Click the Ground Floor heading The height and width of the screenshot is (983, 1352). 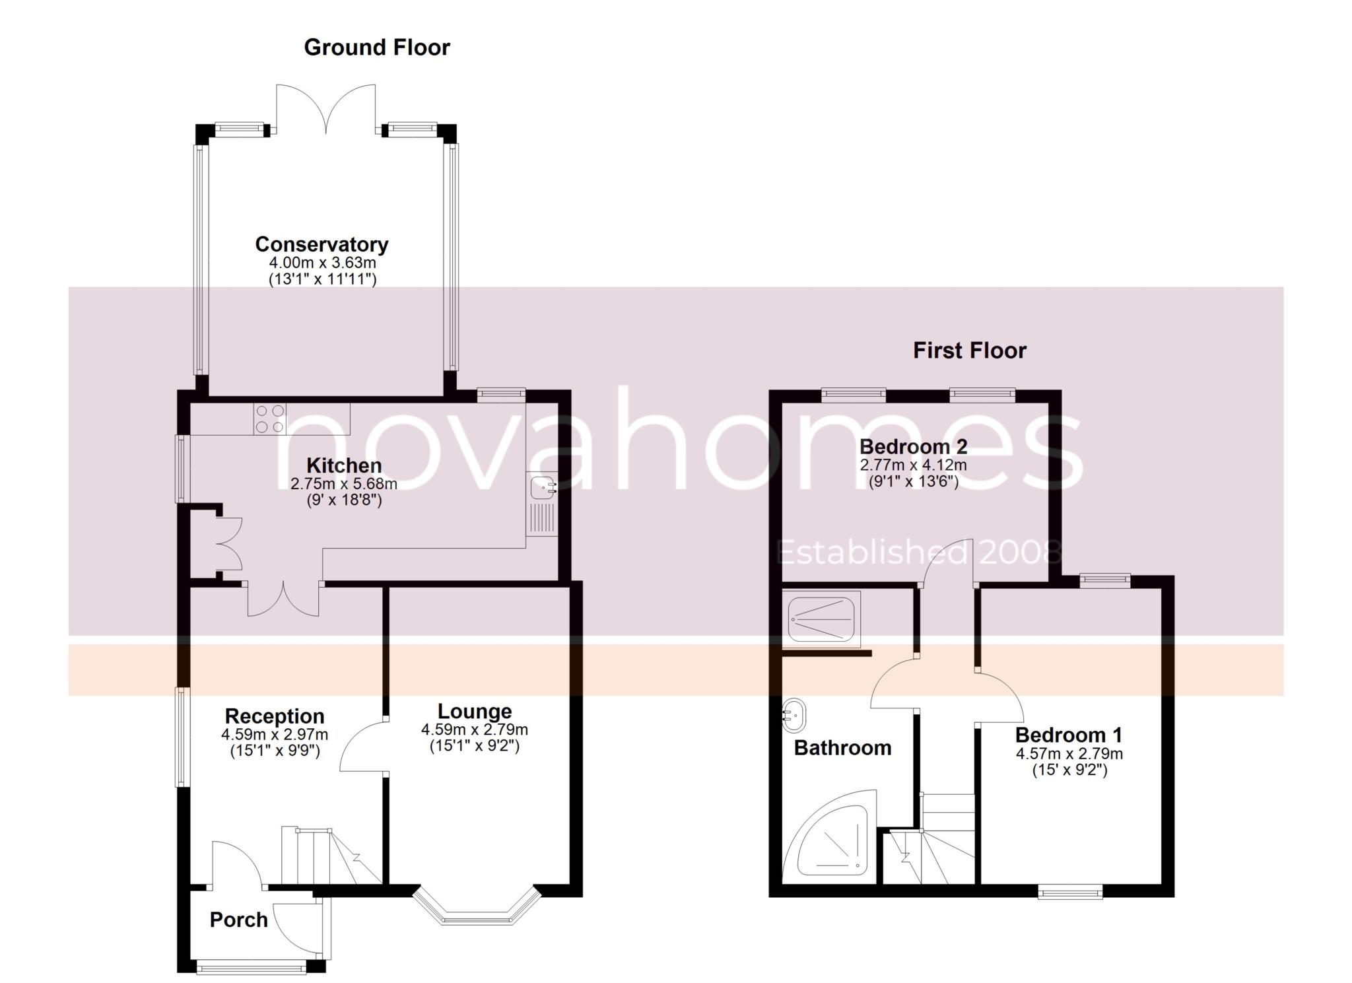point(377,48)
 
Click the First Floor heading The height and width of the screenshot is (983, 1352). point(970,351)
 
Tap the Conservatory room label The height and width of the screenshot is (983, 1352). point(322,244)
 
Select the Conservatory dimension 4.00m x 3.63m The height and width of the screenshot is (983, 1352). point(322,263)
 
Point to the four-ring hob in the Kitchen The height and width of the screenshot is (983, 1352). point(269,419)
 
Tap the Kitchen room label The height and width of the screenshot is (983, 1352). point(344,465)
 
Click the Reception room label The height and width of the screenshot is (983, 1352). point(275,716)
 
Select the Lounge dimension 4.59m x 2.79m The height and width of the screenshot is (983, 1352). point(475,730)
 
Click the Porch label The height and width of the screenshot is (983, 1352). point(239,920)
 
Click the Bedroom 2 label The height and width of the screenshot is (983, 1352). point(914,447)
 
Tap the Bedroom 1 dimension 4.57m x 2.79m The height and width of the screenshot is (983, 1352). point(1069,754)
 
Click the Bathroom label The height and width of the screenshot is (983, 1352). point(843,748)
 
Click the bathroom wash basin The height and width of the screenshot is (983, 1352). point(793,715)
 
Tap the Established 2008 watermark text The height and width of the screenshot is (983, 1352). point(918,553)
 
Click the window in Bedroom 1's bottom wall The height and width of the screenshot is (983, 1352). point(1070,892)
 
